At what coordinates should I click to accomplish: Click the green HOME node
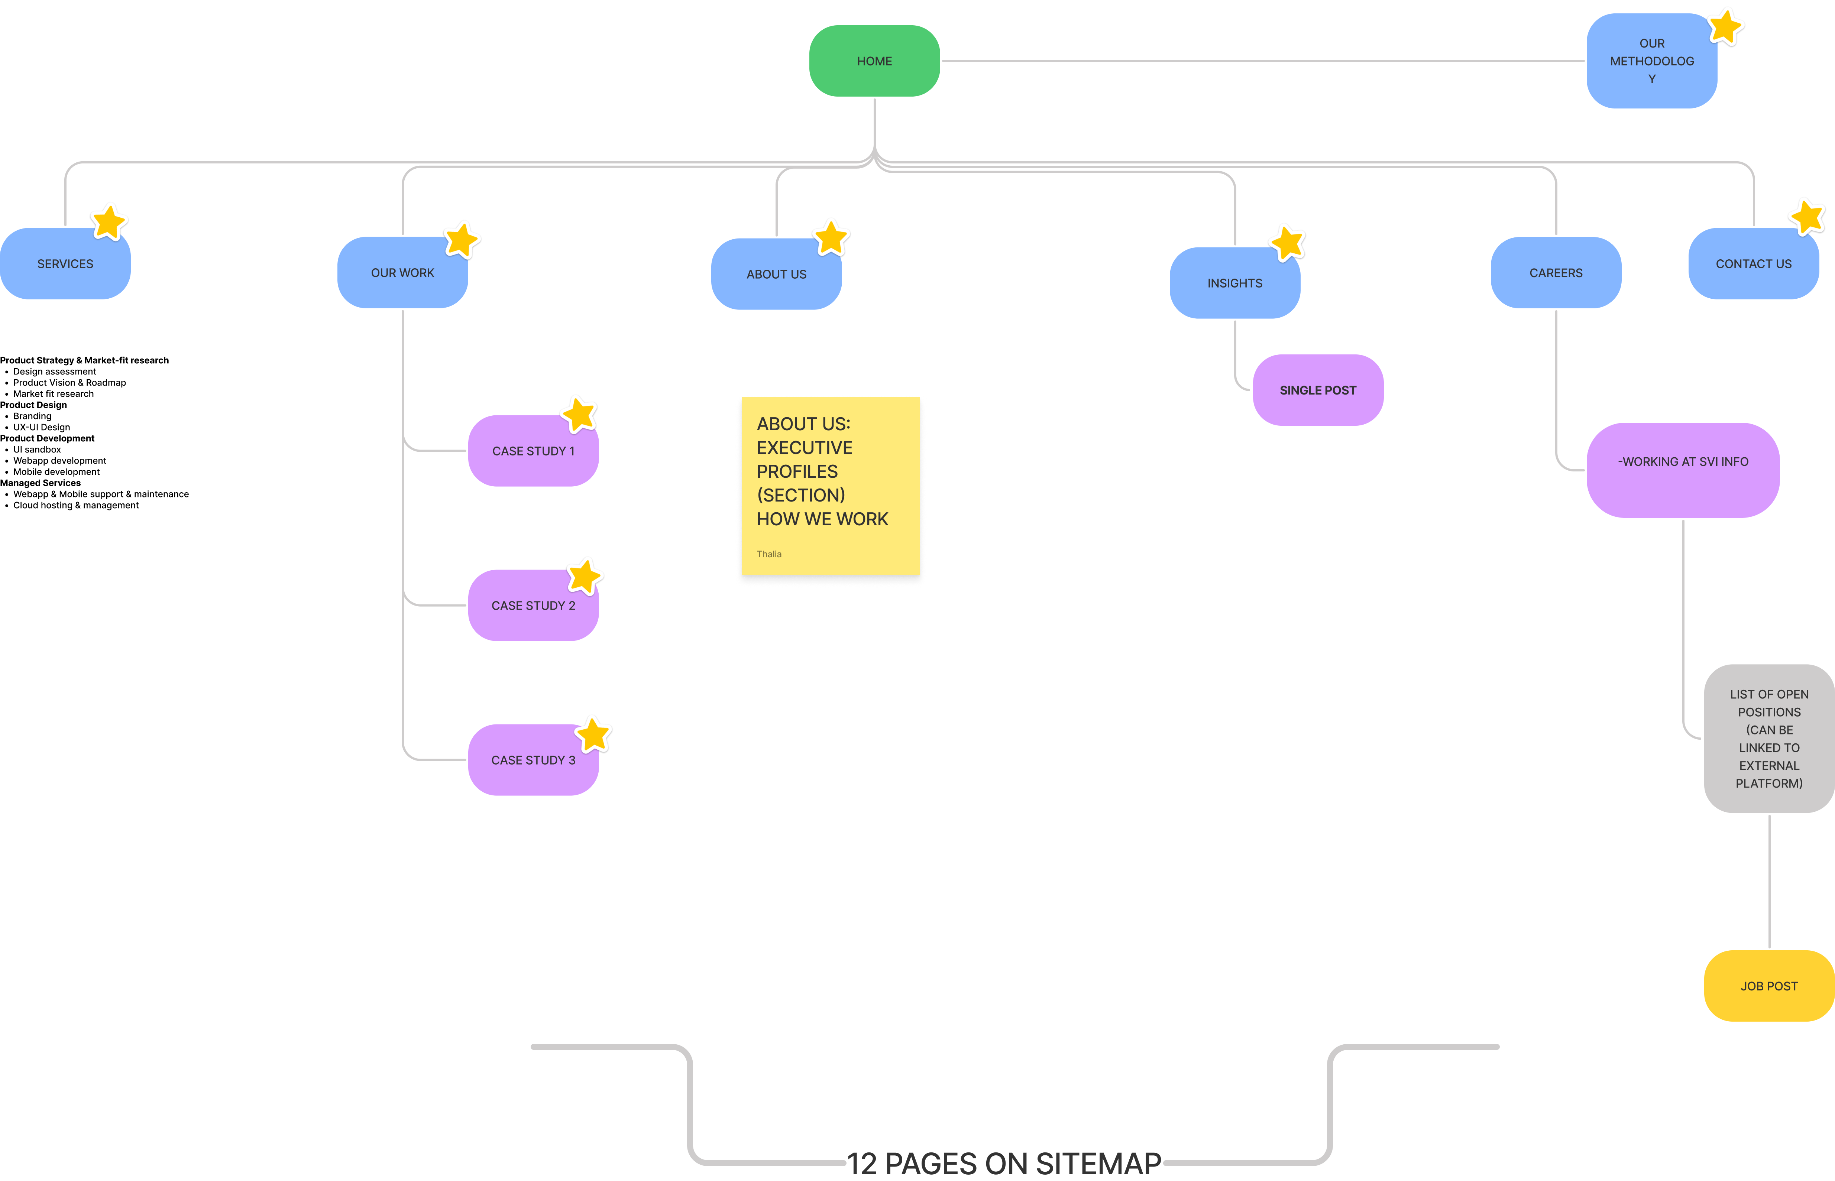(x=874, y=61)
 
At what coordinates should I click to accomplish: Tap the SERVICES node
(x=65, y=264)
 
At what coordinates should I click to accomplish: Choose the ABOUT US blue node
(x=776, y=275)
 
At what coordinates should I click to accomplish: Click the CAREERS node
(x=1556, y=273)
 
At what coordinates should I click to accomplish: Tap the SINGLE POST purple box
(x=1318, y=390)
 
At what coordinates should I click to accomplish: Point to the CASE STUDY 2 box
(x=533, y=606)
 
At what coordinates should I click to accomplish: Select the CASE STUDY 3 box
(x=533, y=760)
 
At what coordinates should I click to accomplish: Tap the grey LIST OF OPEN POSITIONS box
(x=1769, y=739)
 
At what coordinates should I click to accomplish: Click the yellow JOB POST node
(x=1769, y=986)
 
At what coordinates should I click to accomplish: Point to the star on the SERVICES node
(x=109, y=222)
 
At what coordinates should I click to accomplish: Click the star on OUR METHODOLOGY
(x=1725, y=27)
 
